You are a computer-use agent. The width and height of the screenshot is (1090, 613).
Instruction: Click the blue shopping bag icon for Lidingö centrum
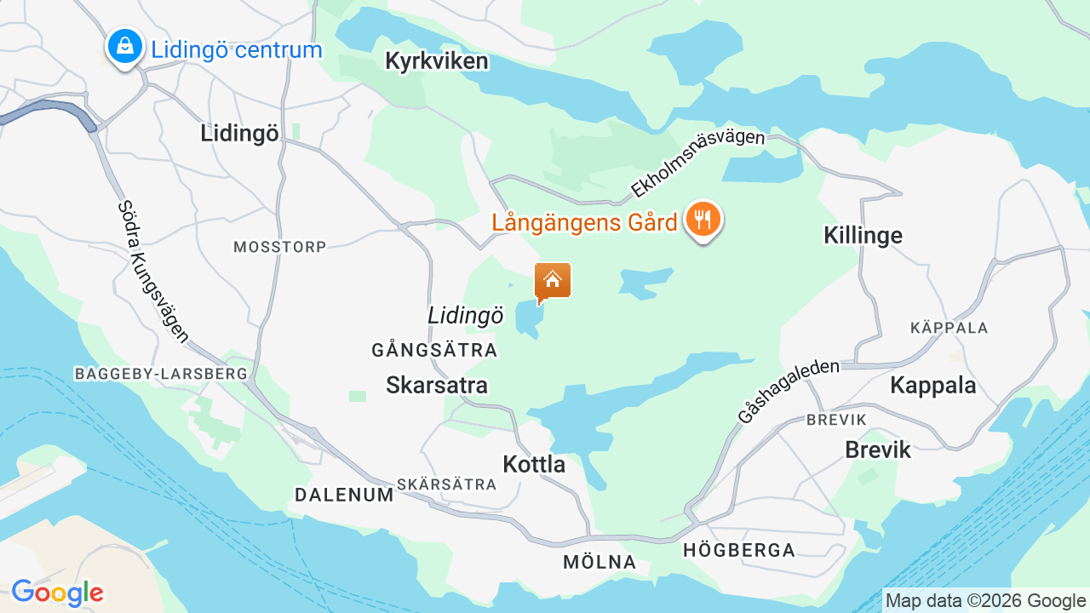point(125,46)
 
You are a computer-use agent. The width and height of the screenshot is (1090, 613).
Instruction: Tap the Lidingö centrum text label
point(237,49)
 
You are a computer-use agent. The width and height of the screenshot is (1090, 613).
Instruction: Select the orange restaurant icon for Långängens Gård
point(703,220)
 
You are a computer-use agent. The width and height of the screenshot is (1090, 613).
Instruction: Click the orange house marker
point(553,280)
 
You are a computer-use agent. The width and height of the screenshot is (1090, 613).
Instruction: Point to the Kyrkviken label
point(437,61)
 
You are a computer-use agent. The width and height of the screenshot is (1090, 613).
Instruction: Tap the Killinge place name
point(863,236)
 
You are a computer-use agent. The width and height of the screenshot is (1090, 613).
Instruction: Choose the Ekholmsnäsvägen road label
point(697,163)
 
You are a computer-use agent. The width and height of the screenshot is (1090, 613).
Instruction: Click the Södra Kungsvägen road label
point(153,272)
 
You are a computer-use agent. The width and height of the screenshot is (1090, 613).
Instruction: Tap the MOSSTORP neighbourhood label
point(280,247)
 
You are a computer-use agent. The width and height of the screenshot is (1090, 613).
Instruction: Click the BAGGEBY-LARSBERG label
point(161,374)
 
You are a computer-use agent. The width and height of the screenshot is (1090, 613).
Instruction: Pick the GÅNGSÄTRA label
point(434,350)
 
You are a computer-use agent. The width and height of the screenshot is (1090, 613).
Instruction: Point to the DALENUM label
point(344,495)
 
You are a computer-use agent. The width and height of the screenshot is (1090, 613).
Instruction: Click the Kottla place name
point(534,465)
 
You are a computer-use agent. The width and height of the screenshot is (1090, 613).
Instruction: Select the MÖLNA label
point(599,562)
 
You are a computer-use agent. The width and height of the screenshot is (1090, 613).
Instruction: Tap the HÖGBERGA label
point(739,551)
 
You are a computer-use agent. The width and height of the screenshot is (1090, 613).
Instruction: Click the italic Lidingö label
point(466,316)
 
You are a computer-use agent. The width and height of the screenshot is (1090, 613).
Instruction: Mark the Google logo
point(57,593)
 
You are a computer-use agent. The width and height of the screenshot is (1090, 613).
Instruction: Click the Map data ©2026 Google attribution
point(985,600)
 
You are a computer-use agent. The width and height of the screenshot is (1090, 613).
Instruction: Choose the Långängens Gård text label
point(584,223)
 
